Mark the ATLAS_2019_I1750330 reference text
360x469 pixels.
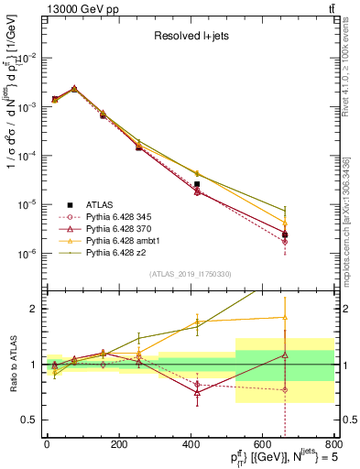point(190,274)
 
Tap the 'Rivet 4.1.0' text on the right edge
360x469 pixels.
point(352,55)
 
